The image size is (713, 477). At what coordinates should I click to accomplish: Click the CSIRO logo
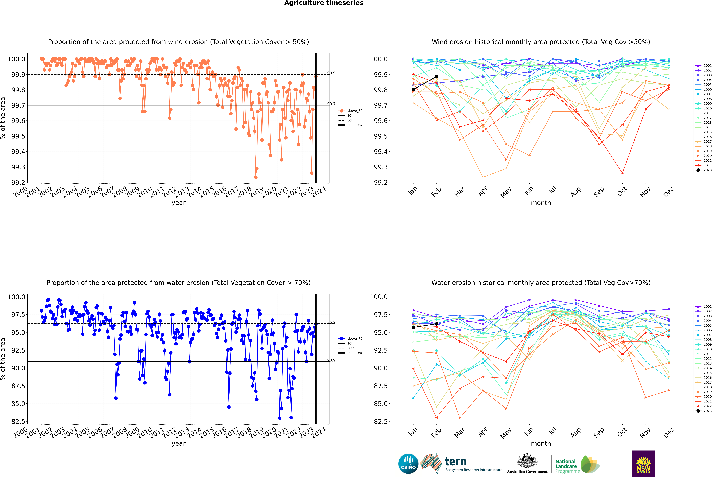coord(408,464)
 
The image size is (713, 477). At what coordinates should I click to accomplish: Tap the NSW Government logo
coord(643,464)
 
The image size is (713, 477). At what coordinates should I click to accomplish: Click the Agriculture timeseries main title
coord(324,3)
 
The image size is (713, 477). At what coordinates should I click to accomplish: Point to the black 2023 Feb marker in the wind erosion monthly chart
coord(436,77)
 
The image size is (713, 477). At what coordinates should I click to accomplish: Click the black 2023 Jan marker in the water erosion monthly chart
coord(413,327)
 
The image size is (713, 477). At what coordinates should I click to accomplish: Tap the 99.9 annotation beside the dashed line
coord(331,73)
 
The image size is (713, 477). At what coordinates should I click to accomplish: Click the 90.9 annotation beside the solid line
coord(331,360)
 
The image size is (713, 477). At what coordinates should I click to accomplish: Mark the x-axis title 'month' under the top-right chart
coord(541,203)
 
